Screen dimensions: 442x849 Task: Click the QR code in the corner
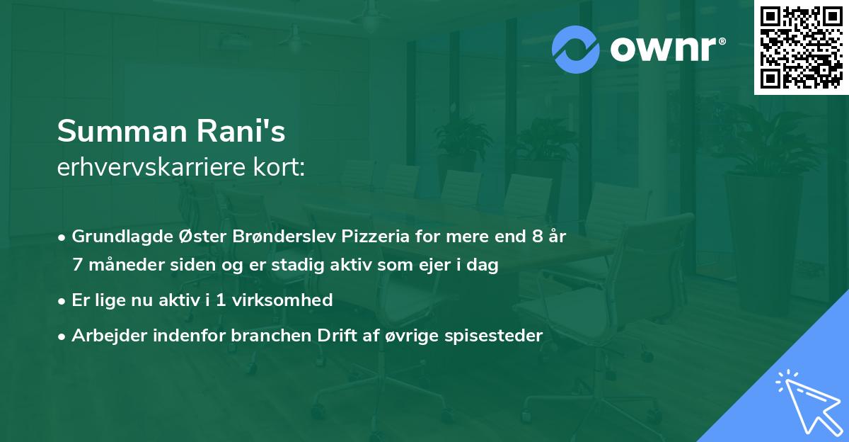click(801, 47)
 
